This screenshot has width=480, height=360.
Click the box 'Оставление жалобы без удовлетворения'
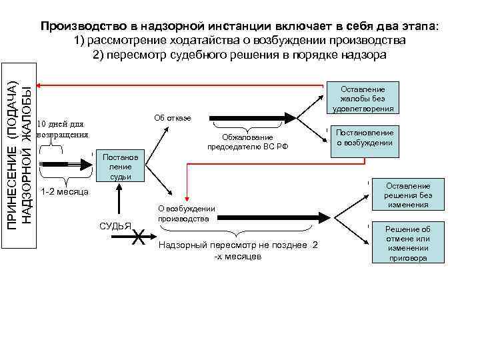pyautogui.click(x=367, y=98)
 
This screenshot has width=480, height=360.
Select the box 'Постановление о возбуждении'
pyautogui.click(x=365, y=137)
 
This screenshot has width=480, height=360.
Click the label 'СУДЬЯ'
pyautogui.click(x=115, y=225)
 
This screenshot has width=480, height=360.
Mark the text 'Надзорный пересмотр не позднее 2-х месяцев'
pyautogui.click(x=237, y=251)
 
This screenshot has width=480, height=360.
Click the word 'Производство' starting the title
pyautogui.click(x=82, y=26)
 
